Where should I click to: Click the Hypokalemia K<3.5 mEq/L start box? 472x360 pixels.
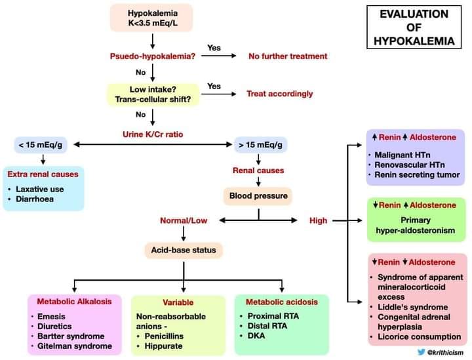(x=151, y=18)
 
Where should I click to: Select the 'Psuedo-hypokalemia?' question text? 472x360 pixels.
(x=153, y=56)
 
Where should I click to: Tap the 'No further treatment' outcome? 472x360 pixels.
(x=288, y=56)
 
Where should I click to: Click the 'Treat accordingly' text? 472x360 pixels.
(x=280, y=94)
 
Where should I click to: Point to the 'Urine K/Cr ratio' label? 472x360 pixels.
(x=153, y=134)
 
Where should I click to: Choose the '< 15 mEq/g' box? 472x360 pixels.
(x=41, y=145)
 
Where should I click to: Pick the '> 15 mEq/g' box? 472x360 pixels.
(x=261, y=145)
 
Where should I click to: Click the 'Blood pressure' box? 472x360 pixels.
(x=258, y=196)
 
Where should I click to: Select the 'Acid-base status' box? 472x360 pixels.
(x=184, y=250)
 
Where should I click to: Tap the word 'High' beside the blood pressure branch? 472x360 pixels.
(x=318, y=220)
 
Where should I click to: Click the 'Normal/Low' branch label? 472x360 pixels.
(x=184, y=220)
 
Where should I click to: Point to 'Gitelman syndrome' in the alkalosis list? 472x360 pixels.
(x=75, y=346)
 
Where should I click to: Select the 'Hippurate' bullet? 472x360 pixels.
(x=163, y=346)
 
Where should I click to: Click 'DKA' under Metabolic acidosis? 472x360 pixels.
(x=256, y=336)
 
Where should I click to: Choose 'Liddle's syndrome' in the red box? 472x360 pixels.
(x=413, y=307)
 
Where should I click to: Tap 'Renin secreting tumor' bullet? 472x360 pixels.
(x=417, y=175)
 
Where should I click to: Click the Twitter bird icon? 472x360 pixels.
(x=422, y=352)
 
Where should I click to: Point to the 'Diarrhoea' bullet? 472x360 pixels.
(x=35, y=199)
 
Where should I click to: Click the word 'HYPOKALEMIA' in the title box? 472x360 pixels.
(x=414, y=41)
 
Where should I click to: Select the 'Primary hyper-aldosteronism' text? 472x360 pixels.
(x=416, y=225)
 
